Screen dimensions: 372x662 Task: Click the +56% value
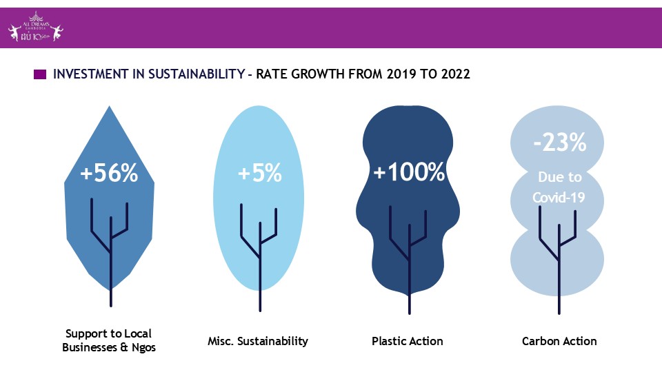[x=109, y=174]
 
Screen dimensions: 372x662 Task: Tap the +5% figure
[x=259, y=174]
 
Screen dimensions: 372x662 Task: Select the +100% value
[x=409, y=172]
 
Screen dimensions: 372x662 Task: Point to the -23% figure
[x=559, y=143]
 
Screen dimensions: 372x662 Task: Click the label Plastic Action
[x=407, y=341]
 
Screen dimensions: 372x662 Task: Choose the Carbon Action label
[x=559, y=341]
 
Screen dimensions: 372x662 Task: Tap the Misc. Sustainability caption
[x=258, y=341]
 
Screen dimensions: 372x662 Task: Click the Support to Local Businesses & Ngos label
[x=109, y=341]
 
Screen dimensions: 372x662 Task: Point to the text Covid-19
[x=559, y=198]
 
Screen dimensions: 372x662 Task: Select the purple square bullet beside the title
[x=40, y=74]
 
